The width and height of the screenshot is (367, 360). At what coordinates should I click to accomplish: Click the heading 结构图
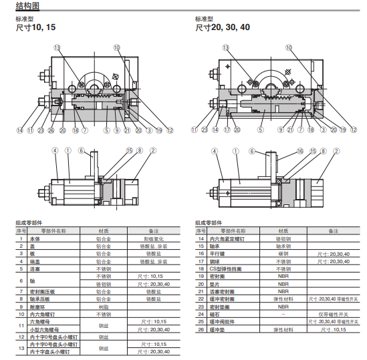click(27, 6)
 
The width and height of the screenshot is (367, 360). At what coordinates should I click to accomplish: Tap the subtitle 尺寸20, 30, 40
click(223, 28)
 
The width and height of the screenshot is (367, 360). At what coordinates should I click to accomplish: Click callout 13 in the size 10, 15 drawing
click(57, 47)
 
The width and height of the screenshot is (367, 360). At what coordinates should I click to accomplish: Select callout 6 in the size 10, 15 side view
click(81, 151)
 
